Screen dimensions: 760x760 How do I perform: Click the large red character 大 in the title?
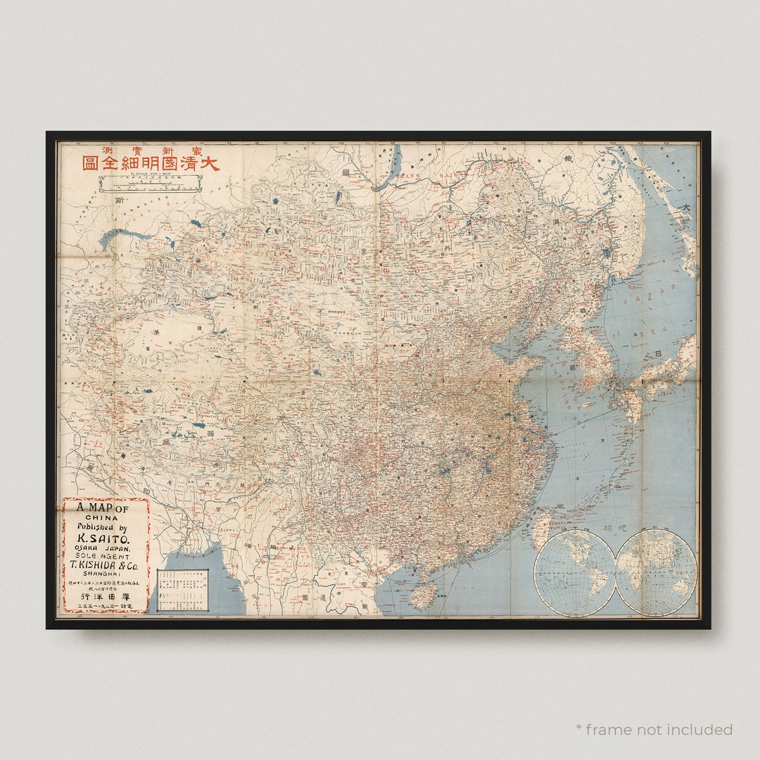[x=208, y=163]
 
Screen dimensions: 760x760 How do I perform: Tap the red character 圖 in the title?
[x=90, y=163]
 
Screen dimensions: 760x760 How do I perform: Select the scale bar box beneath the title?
[x=151, y=184]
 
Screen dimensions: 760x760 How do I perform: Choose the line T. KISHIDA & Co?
[x=106, y=564]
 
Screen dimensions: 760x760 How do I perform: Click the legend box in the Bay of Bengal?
[x=183, y=590]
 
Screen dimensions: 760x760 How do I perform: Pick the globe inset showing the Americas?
[x=575, y=572]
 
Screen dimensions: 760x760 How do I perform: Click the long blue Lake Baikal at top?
[x=389, y=169]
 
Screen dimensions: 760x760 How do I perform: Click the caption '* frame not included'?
[x=654, y=729]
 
